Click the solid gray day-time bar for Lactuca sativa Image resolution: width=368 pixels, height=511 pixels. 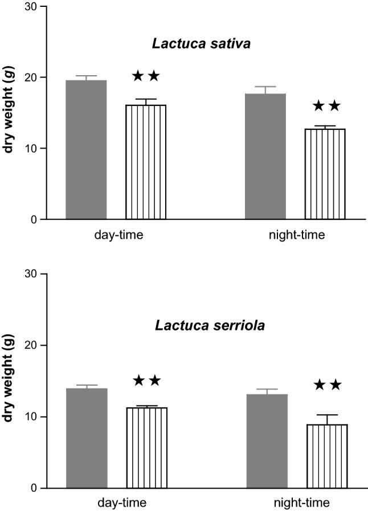click(86, 150)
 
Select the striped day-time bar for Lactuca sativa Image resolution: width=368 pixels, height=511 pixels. click(146, 162)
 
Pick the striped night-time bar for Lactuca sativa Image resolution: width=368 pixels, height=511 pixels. click(325, 174)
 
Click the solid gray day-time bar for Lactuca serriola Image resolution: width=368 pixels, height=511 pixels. click(87, 438)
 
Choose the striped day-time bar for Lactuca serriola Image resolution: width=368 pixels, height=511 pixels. click(146, 448)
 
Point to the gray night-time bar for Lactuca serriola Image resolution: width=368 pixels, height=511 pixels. click(267, 441)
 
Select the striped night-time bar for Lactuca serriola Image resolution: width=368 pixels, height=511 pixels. click(326, 456)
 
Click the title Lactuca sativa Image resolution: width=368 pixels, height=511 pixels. click(197, 43)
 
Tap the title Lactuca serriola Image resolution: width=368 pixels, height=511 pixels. click(197, 326)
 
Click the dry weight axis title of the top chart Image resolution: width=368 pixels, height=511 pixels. click(10, 112)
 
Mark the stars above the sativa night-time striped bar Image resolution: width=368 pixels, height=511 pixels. click(326, 106)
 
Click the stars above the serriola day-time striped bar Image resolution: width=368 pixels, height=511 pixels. click(146, 381)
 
